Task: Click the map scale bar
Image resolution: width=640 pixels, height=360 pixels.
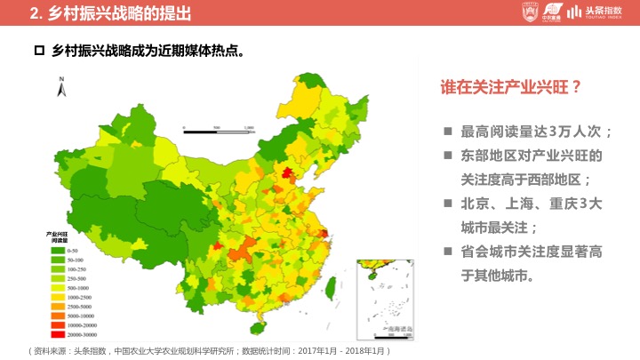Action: pos(219,130)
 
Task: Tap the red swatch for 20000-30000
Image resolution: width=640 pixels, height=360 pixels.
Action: pos(57,334)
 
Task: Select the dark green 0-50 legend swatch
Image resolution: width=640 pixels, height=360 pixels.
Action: pos(57,252)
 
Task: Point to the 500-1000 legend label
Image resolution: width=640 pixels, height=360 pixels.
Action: pos(77,288)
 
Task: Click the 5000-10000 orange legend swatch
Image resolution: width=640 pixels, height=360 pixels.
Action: pos(57,316)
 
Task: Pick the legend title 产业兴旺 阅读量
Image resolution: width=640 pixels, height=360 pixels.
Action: pos(60,236)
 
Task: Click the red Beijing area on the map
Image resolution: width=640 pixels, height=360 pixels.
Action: pos(287,172)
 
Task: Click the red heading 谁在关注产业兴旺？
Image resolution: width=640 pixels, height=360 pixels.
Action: pos(511,88)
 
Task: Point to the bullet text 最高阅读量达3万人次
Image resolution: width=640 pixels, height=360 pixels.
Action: pos(536,132)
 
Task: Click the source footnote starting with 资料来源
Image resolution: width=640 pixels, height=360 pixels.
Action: pos(209,351)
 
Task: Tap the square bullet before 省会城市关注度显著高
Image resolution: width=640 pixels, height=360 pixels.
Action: pos(449,252)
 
